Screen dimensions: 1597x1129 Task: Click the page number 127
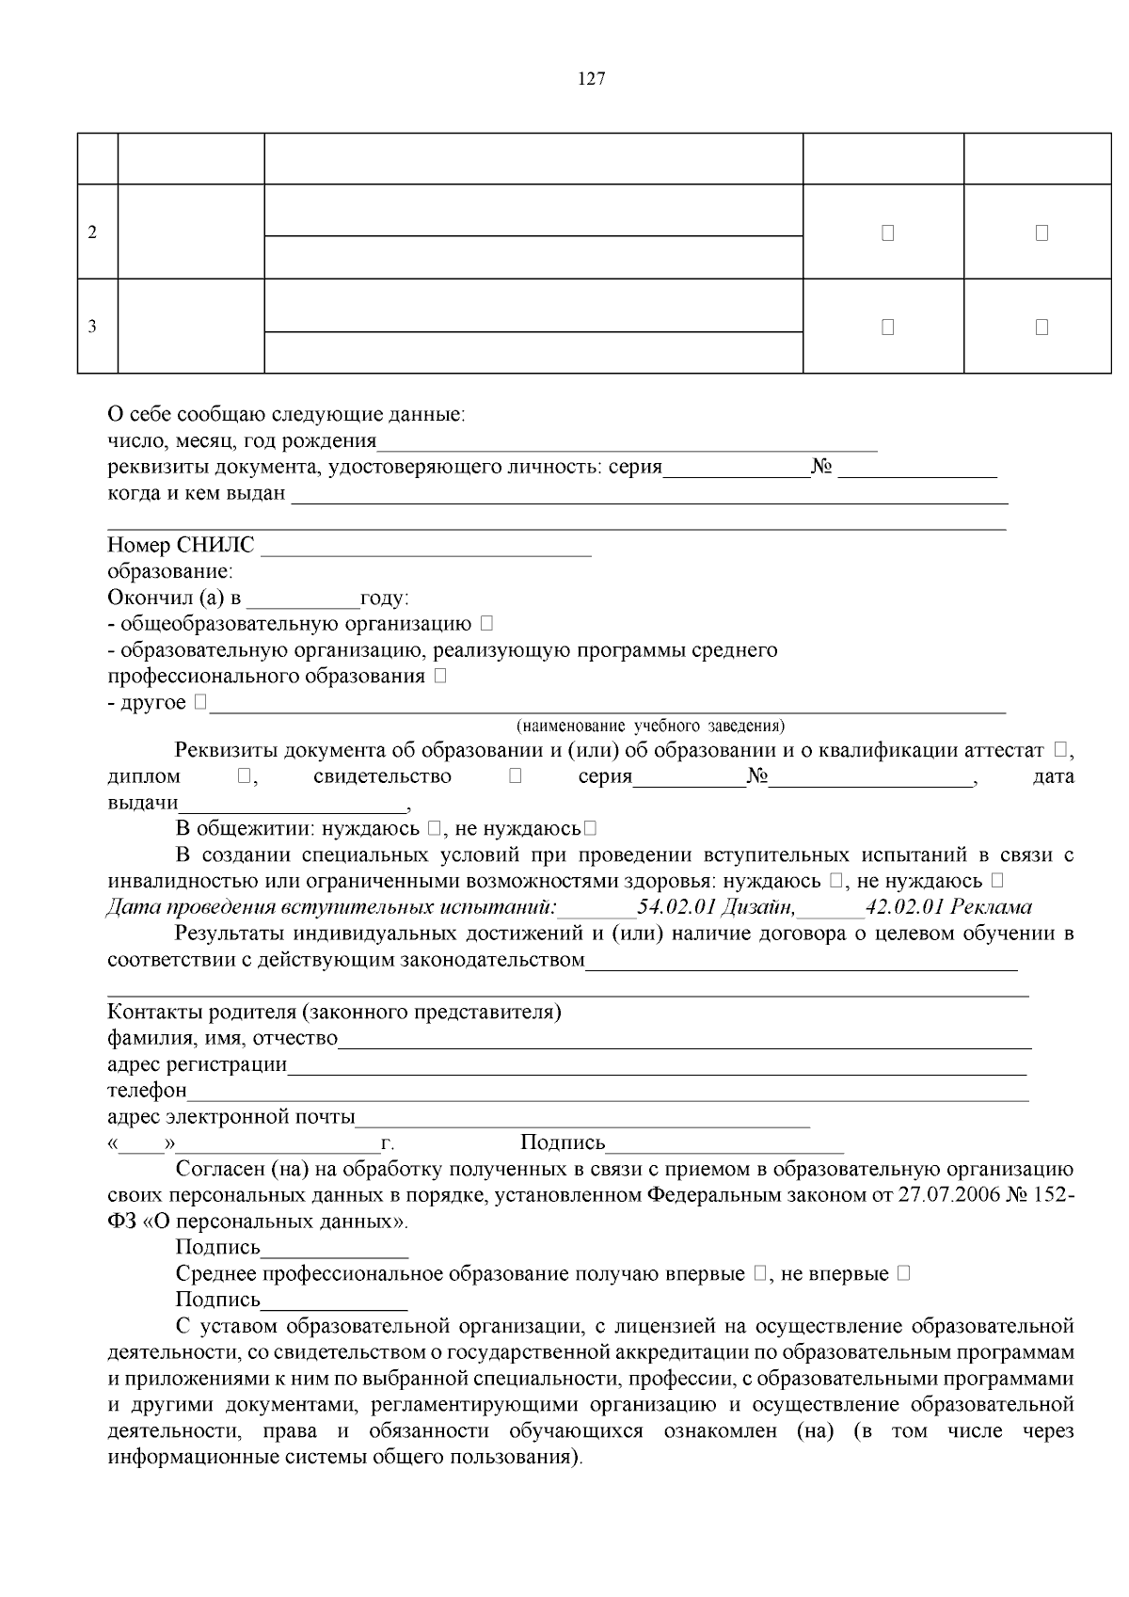coord(591,79)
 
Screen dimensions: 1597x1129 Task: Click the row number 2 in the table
coord(92,232)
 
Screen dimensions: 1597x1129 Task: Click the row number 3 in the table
coord(92,327)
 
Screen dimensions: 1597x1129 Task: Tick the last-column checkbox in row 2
coord(1042,232)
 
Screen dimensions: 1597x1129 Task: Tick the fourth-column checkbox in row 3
coord(887,327)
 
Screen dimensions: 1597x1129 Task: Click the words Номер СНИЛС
coord(181,546)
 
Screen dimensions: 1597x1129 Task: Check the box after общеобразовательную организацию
coord(485,623)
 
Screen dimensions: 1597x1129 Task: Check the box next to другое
coord(200,702)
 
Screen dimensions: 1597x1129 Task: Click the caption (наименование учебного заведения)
coord(650,726)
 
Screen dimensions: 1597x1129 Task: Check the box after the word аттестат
coord(1061,750)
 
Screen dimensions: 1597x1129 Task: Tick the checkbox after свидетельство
coord(515,776)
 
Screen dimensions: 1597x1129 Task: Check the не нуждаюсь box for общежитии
coord(589,828)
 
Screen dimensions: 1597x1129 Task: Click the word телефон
coord(147,1091)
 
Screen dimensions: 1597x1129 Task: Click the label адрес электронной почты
coord(231,1117)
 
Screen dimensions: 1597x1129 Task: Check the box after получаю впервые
coord(760,1273)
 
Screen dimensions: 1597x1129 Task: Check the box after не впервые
coord(903,1273)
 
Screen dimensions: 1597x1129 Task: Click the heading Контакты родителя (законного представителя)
coord(334,1013)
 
